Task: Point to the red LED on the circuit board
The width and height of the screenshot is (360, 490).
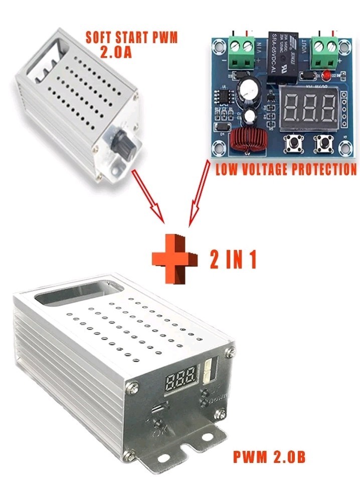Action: pos(325,76)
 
